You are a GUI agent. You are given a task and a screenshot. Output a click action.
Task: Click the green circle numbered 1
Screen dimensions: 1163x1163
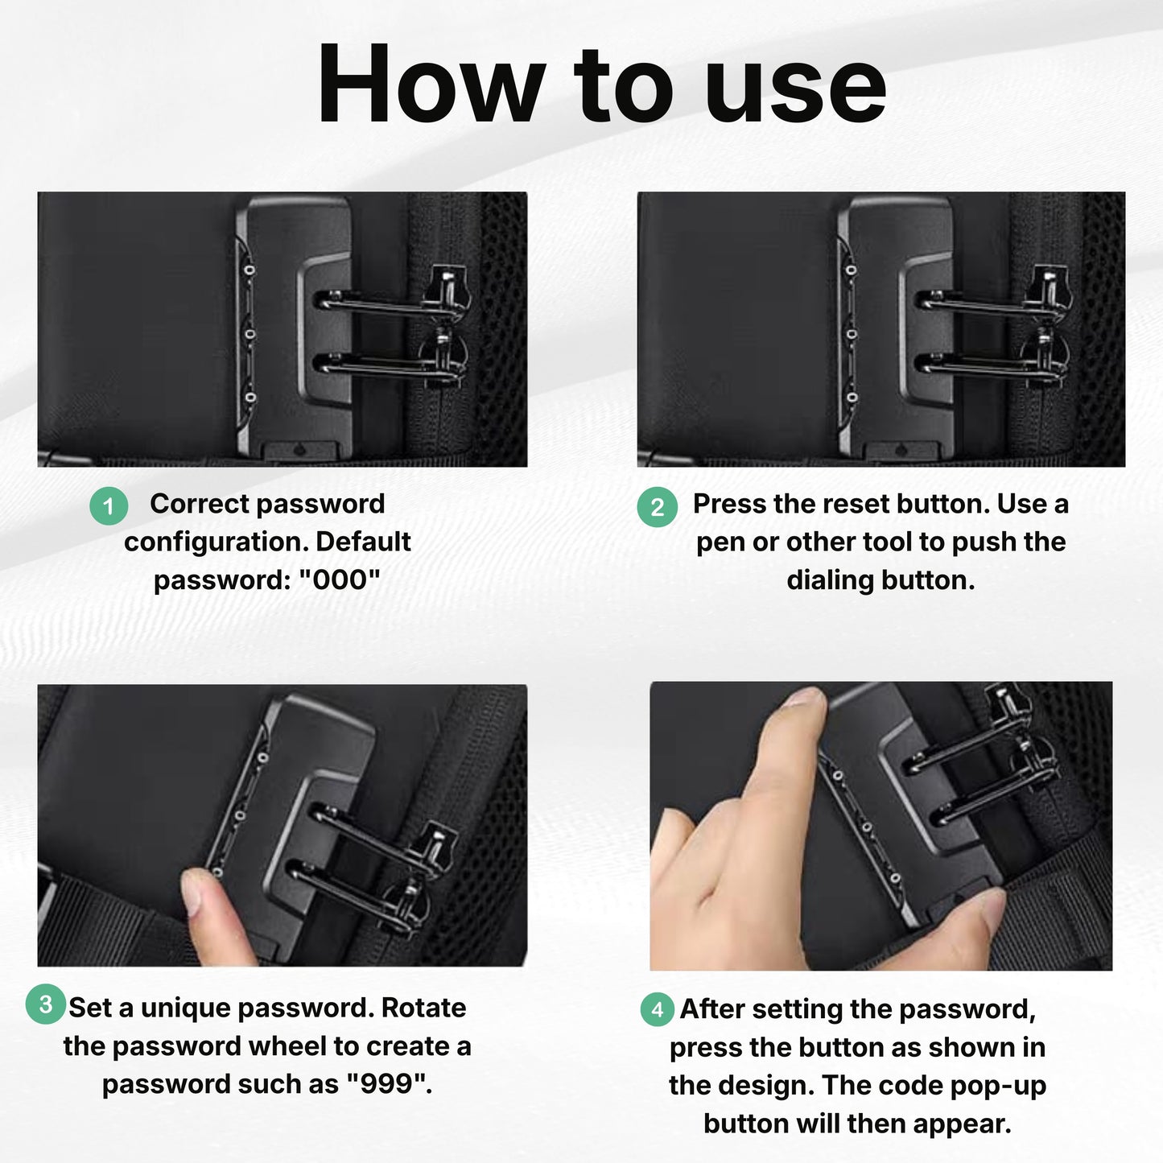(109, 505)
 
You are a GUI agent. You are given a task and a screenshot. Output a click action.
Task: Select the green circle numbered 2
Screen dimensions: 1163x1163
(658, 507)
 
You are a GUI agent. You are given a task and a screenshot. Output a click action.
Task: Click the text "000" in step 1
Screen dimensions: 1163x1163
(339, 580)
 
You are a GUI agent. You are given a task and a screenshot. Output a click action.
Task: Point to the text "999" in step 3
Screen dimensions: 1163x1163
(387, 1084)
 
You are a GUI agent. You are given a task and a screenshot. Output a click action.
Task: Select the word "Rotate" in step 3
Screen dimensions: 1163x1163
(423, 1008)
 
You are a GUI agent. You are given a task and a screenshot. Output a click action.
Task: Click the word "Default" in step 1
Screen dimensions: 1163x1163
(363, 542)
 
